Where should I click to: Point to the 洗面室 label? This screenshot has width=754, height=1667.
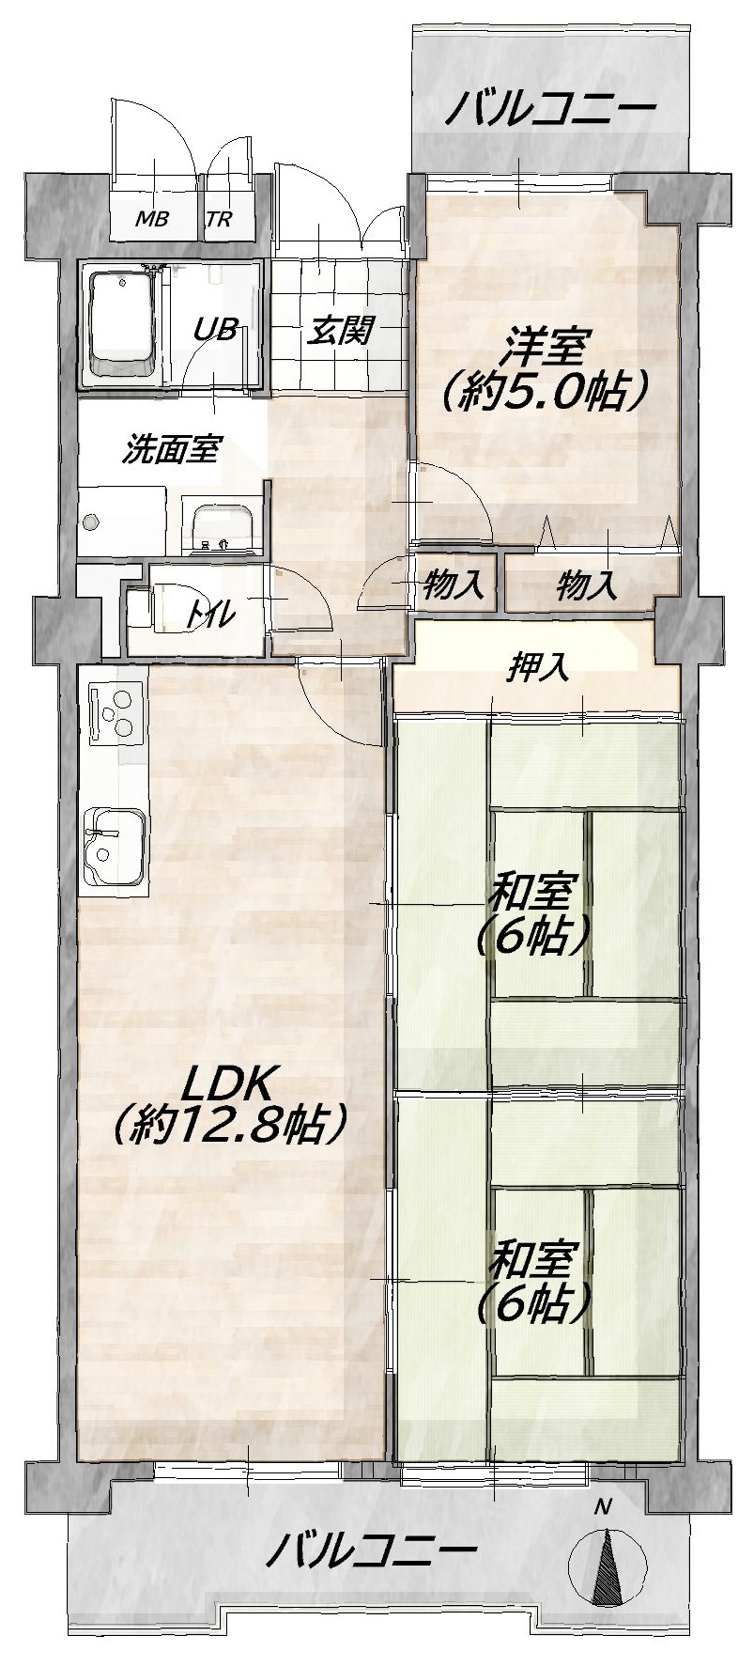click(x=172, y=450)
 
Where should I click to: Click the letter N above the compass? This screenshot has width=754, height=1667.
click(x=603, y=1507)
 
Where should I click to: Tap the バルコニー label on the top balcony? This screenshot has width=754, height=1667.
click(x=549, y=111)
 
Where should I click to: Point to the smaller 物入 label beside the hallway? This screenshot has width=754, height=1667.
click(x=454, y=586)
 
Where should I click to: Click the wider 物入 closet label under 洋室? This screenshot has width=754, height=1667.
click(x=588, y=586)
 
